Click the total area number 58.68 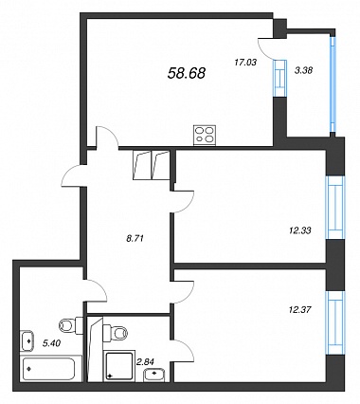[187, 73]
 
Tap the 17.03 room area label [245, 63]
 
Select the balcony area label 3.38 [303, 71]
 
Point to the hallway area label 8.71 [135, 239]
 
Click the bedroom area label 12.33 [300, 230]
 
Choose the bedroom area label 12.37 [300, 309]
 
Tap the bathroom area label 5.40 [51, 342]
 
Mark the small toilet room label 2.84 [145, 362]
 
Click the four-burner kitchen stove [205, 136]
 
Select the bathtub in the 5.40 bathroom [51, 369]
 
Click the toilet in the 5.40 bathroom [70, 324]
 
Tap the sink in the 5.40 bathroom [27, 340]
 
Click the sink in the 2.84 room [153, 375]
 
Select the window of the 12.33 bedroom [335, 208]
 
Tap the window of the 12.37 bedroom [335, 322]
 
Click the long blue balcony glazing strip [333, 84]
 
